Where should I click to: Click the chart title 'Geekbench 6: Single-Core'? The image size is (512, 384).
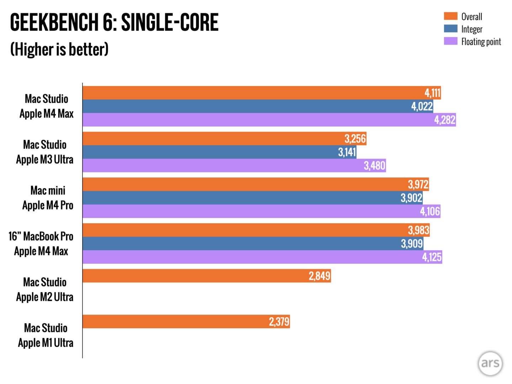tap(114, 22)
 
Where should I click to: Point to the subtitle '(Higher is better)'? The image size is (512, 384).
tap(59, 49)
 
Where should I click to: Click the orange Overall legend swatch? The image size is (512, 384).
tap(450, 16)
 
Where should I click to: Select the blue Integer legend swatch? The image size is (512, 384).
tap(450, 28)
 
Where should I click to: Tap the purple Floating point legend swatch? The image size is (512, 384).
tap(450, 41)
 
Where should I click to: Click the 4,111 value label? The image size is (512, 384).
tap(432, 93)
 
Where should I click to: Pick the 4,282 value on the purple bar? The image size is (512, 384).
tap(444, 120)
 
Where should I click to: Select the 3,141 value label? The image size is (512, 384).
tap(347, 152)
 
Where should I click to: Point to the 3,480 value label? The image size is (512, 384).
tap(374, 166)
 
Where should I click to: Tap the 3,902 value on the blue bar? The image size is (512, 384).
tap(411, 198)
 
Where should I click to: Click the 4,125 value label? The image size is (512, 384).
tap(432, 257)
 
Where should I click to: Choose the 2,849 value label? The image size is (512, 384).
tap(319, 276)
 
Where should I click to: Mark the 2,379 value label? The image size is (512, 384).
tap(279, 322)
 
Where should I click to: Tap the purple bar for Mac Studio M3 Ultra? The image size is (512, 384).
tap(220, 166)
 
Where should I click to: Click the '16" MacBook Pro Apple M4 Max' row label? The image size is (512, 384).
tap(41, 244)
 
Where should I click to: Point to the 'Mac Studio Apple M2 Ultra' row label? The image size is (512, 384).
tap(45, 290)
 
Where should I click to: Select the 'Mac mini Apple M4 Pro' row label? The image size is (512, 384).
tap(48, 198)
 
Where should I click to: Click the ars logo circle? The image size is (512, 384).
tap(490, 363)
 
